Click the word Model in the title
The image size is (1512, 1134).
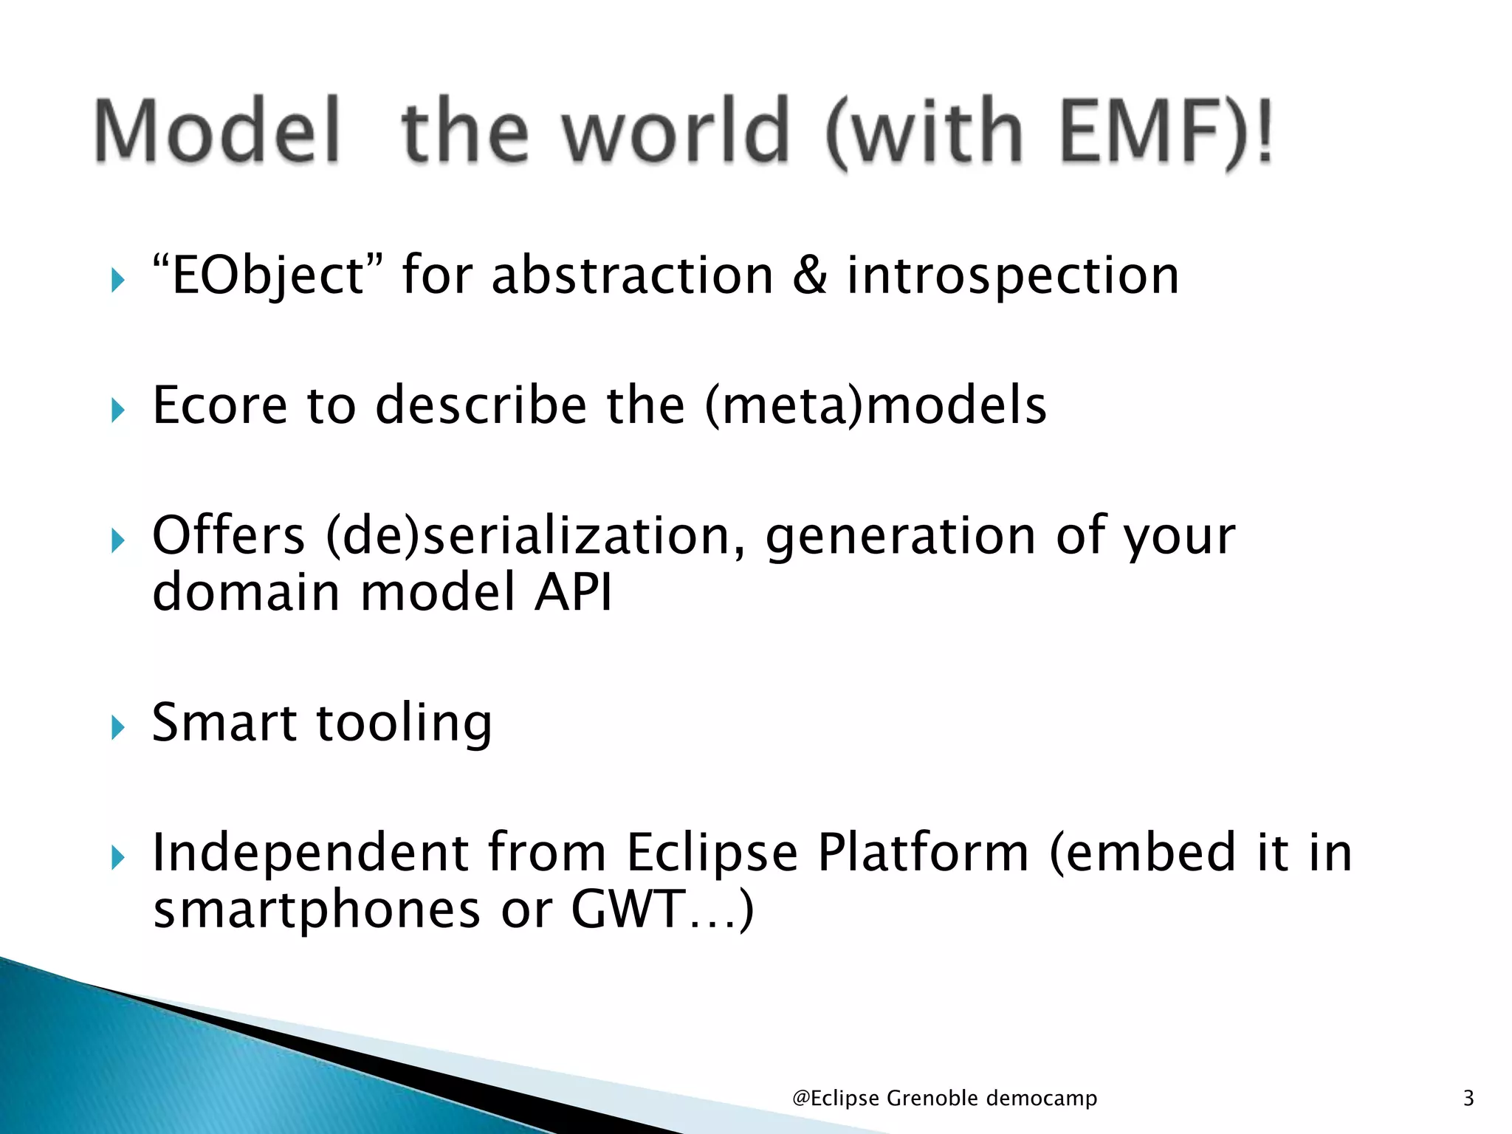pyautogui.click(x=219, y=131)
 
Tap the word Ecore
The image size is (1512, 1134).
pyautogui.click(x=219, y=405)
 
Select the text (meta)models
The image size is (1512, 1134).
pyautogui.click(x=876, y=405)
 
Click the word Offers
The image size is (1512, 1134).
pyautogui.click(x=228, y=535)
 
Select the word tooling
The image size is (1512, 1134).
pyautogui.click(x=404, y=724)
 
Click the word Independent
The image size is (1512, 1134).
pyautogui.click(x=310, y=853)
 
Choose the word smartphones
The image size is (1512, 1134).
pyautogui.click(x=317, y=910)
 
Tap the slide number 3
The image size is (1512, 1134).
pyautogui.click(x=1468, y=1099)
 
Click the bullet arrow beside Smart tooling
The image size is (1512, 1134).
pyautogui.click(x=118, y=728)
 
